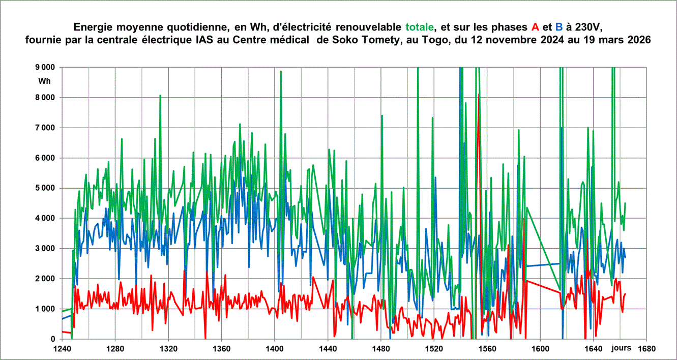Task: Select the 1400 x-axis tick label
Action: [x=275, y=349]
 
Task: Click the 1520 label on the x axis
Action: [x=434, y=349]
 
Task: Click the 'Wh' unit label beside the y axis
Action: [x=45, y=81]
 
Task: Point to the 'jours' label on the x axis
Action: [x=621, y=348]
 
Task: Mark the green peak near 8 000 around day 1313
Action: [x=160, y=96]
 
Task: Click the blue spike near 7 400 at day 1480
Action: [x=381, y=116]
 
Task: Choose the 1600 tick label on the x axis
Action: [x=540, y=349]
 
